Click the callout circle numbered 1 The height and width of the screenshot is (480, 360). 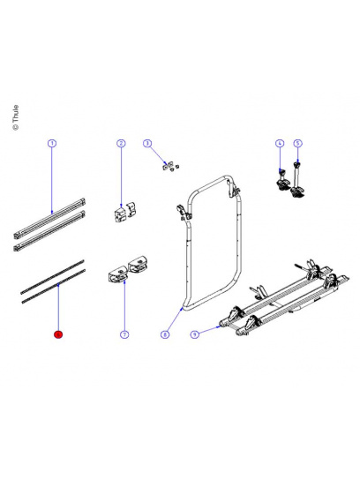click(52, 143)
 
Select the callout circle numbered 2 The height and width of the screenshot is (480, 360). click(121, 143)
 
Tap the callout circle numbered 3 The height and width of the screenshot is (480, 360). click(148, 143)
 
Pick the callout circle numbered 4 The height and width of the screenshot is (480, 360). click(279, 143)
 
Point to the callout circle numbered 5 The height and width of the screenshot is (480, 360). click(297, 143)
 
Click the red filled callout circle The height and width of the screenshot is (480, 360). click(58, 334)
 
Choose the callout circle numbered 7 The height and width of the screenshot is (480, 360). click(124, 334)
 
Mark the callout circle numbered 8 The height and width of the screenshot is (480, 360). click(165, 334)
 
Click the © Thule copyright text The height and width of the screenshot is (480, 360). click(14, 117)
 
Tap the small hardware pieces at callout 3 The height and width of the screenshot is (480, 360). click(169, 169)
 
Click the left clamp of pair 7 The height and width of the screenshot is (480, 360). click(117, 273)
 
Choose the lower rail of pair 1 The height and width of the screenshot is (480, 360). click(51, 231)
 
